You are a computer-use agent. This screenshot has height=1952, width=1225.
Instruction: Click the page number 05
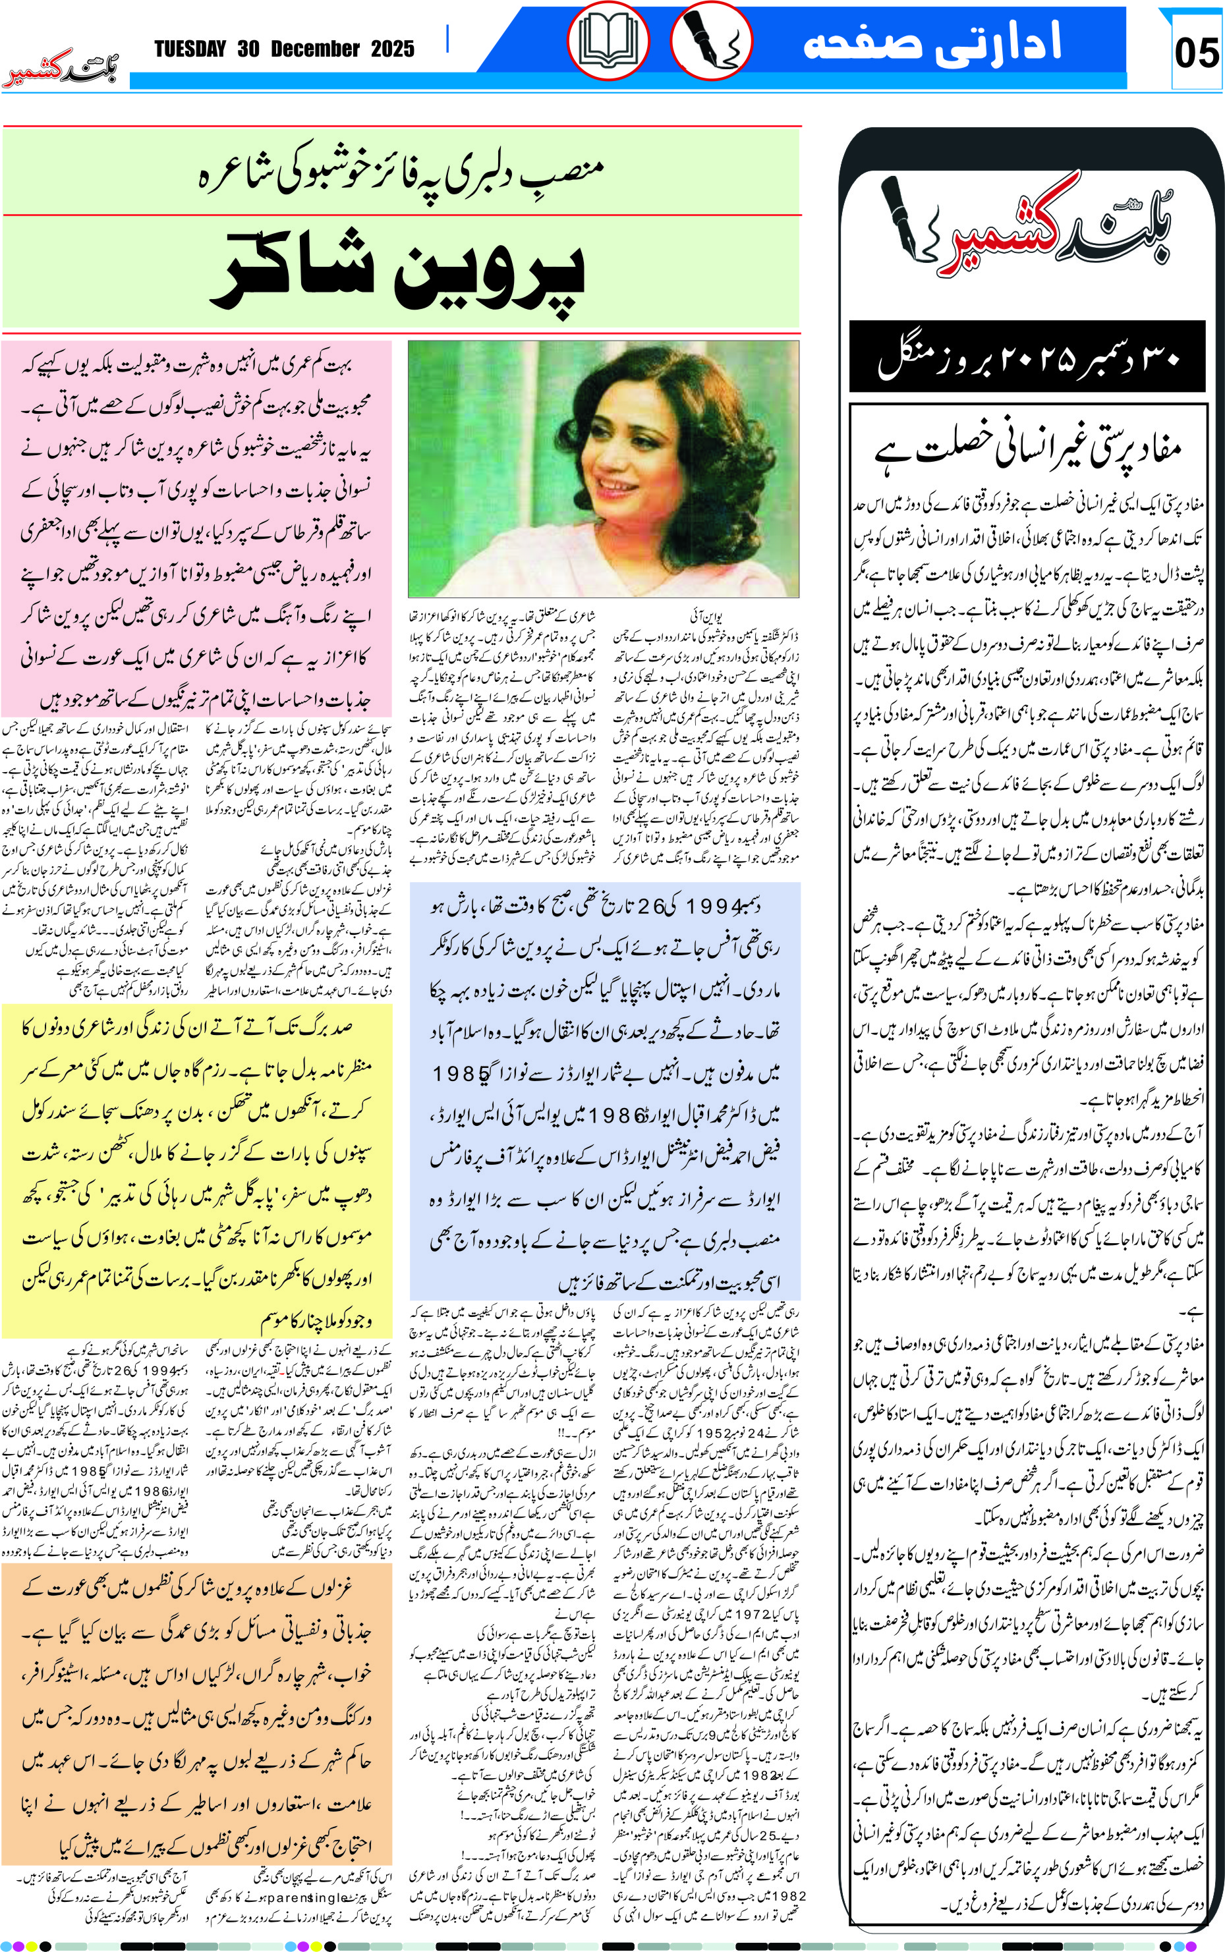tap(1196, 53)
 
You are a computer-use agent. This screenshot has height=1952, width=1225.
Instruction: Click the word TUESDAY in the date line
tap(190, 49)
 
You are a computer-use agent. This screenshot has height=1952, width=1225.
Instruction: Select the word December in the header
tap(314, 49)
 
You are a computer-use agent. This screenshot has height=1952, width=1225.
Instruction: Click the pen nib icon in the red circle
tap(710, 40)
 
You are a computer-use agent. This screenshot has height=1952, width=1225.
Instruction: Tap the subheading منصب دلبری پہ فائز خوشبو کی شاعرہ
tap(401, 173)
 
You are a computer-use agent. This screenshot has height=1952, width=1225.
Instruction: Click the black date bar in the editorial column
tap(1027, 357)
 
